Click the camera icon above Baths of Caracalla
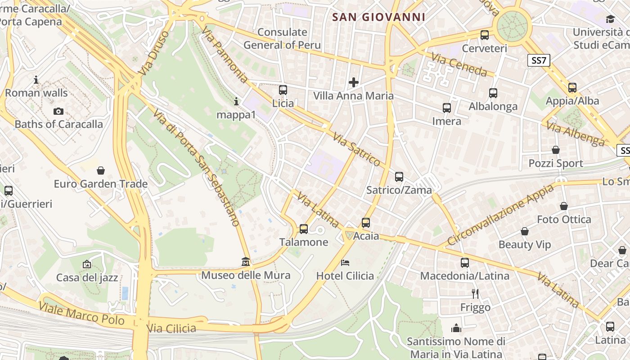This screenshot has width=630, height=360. click(58, 111)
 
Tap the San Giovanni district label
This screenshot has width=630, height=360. click(378, 18)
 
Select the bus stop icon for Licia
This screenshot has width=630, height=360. click(283, 90)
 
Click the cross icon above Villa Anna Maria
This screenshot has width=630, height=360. click(354, 82)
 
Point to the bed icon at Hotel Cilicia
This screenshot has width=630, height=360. click(345, 262)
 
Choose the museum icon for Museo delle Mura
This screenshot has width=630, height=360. click(246, 261)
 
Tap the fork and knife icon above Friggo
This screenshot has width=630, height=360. click(475, 294)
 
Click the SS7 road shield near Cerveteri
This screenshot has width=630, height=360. click(539, 60)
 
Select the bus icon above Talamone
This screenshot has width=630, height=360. click(304, 229)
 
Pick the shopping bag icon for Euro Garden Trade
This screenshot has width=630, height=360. click(101, 171)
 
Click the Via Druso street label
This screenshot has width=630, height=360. click(154, 53)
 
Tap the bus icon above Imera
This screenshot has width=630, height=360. click(446, 108)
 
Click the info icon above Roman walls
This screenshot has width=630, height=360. click(36, 80)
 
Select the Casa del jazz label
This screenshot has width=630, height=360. click(87, 278)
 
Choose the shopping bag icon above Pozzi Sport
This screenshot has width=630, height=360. click(556, 150)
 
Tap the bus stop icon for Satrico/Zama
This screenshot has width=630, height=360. click(399, 177)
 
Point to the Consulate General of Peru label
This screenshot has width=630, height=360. click(282, 38)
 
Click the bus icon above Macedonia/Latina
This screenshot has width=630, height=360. click(464, 262)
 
